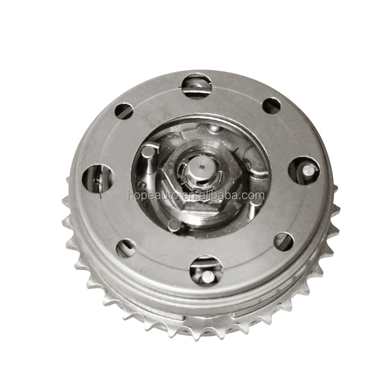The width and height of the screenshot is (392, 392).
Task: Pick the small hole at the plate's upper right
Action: (x=271, y=105)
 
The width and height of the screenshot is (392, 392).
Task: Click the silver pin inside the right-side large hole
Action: (x=308, y=170)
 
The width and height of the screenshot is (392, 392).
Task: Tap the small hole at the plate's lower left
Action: (x=126, y=247)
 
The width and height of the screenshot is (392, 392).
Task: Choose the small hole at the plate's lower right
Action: (x=283, y=241)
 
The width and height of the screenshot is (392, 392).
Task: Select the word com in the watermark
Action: (x=254, y=196)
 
